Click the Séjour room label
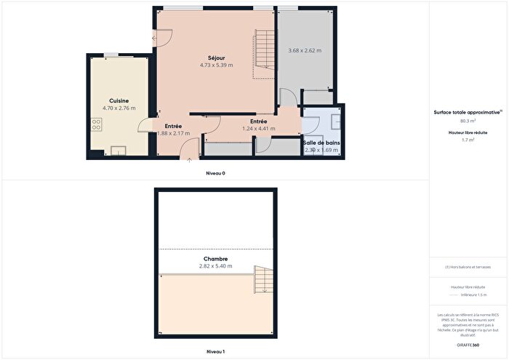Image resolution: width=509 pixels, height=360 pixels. pos(216,57)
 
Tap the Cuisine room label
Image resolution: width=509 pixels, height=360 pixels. pos(119,100)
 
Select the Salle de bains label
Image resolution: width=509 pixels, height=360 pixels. pos(321,143)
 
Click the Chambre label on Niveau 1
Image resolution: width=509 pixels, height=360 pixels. pos(216,258)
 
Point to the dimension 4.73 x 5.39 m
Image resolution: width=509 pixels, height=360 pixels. pos(216,65)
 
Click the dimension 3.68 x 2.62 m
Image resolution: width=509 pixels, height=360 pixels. pos(304,51)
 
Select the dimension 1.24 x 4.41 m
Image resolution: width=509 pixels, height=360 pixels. pos(258,129)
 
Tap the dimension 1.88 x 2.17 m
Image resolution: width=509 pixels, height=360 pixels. pos(173,134)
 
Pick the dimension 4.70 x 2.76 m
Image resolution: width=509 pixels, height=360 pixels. pos(119,108)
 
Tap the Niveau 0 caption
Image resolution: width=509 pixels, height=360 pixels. pos(216,174)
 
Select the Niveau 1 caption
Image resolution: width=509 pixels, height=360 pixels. pos(216,352)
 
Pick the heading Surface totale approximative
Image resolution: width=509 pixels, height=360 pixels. pos(468,113)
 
